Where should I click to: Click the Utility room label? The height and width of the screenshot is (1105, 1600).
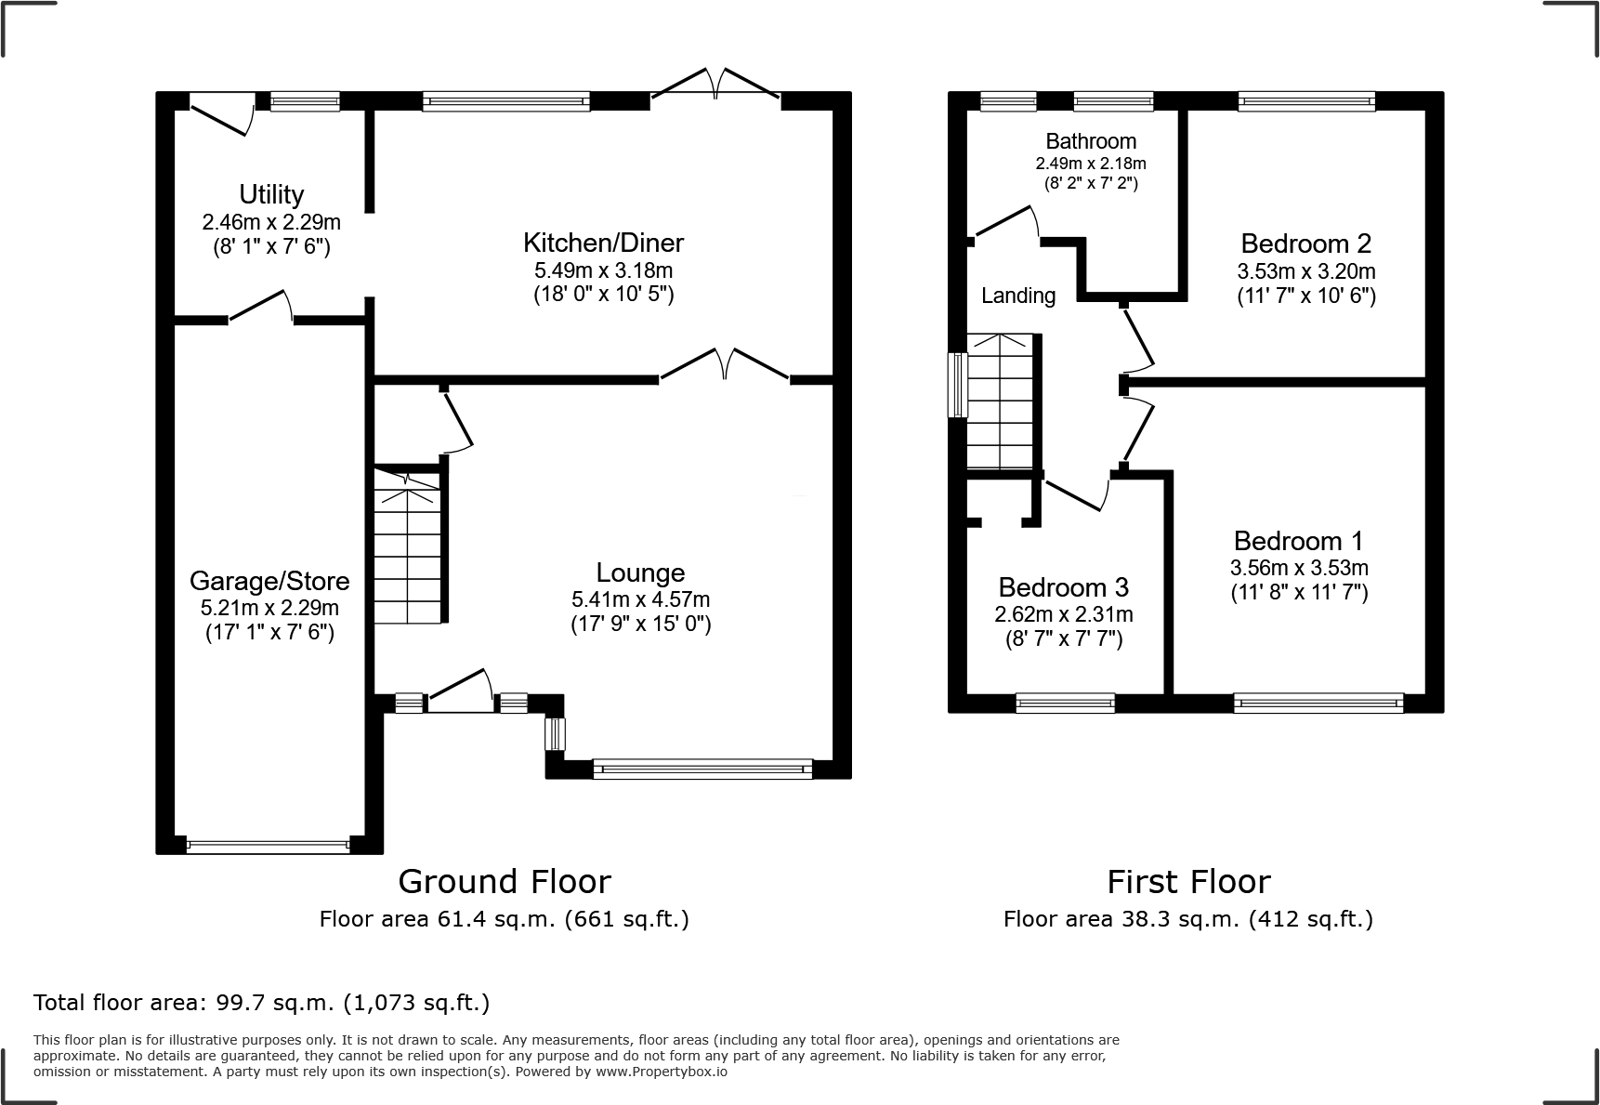271,194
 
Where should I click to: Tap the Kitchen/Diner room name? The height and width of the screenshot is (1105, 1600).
603,243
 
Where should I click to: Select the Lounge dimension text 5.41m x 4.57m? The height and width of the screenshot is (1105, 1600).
640,600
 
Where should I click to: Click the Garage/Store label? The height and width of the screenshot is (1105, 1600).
269,581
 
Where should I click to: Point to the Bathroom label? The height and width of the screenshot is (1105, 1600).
1091,141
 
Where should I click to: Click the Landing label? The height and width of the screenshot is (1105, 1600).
1018,296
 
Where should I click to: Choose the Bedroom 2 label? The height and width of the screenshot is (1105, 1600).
1305,243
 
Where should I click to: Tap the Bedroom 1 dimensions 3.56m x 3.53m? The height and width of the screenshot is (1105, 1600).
1299,568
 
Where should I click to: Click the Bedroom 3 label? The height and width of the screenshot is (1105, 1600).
1063,587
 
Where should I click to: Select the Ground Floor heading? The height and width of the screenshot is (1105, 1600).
505,881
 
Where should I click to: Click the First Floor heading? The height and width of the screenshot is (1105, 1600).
1187,881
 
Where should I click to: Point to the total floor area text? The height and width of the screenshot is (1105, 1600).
261,1003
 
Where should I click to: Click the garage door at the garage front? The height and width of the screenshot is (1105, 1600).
268,847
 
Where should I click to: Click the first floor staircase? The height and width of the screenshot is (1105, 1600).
1000,401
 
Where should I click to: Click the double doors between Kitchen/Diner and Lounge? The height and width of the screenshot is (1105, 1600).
725,367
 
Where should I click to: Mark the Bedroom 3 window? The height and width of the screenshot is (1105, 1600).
1065,704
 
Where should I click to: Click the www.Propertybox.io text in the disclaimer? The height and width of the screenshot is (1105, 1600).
662,1072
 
